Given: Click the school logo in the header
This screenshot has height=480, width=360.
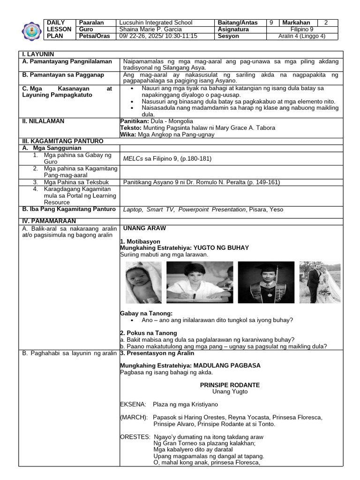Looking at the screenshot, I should [31, 30].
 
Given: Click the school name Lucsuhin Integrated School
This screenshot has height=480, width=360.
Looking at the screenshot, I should [156, 22].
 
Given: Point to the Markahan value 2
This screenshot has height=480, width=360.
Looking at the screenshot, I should [326, 22].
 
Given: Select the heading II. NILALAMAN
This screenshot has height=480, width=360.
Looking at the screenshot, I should [43, 121].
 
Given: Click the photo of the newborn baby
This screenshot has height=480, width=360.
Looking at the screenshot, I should [143, 282].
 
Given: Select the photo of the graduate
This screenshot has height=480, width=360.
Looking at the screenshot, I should [266, 282].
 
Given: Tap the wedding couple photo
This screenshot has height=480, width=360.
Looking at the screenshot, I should [320, 282].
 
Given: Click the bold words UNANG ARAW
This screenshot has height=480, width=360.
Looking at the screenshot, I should [144, 228].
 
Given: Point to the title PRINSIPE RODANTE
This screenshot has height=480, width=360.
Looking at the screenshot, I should [230, 385].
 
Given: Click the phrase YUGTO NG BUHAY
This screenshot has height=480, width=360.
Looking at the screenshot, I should [222, 247].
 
